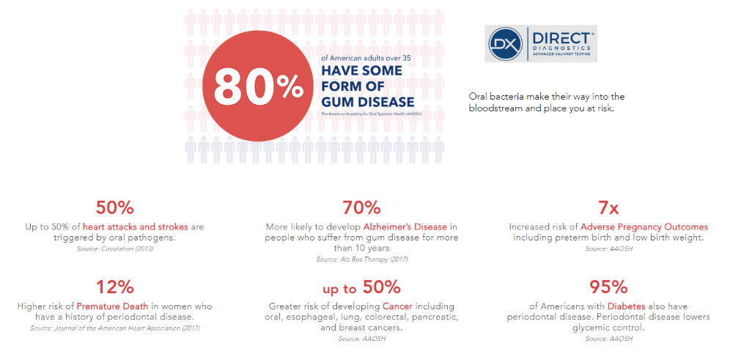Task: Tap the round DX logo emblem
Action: click(505, 43)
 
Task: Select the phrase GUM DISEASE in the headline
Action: click(368, 102)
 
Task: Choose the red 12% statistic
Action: click(114, 287)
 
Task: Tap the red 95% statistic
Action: click(608, 287)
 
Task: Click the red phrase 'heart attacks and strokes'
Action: click(136, 227)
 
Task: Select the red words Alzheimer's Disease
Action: click(405, 227)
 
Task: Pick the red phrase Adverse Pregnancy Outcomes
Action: click(644, 227)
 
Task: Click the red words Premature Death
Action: click(113, 306)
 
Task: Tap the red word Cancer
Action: click(397, 306)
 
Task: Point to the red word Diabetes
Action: click(627, 306)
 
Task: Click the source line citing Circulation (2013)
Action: click(115, 249)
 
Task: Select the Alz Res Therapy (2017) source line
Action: click(362, 259)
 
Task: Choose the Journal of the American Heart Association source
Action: click(115, 328)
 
